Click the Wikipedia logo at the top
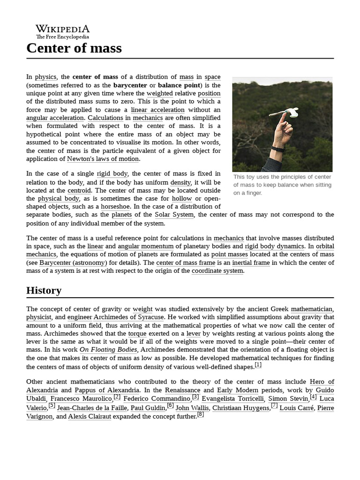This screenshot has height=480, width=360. point(62,30)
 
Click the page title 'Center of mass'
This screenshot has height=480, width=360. point(74,48)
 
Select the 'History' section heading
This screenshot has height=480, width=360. point(44,290)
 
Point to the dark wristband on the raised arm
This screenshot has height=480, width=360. point(278,150)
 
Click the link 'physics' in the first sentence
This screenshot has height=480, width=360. point(45,77)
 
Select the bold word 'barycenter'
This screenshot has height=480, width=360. point(130,85)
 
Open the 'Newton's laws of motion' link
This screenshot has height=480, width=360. point(103,159)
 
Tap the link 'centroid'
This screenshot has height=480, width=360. point(79,190)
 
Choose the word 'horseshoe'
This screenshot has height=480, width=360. point(117,207)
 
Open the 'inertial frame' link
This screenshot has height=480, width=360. point(251,262)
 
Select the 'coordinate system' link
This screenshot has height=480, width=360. point(217,271)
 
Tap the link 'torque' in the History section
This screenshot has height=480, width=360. point(137,333)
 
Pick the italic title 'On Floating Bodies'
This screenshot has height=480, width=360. point(108,350)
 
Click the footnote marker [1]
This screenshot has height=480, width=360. point(258,365)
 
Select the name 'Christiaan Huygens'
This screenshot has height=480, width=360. point(241,408)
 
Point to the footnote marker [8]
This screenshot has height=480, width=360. point(200,414)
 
